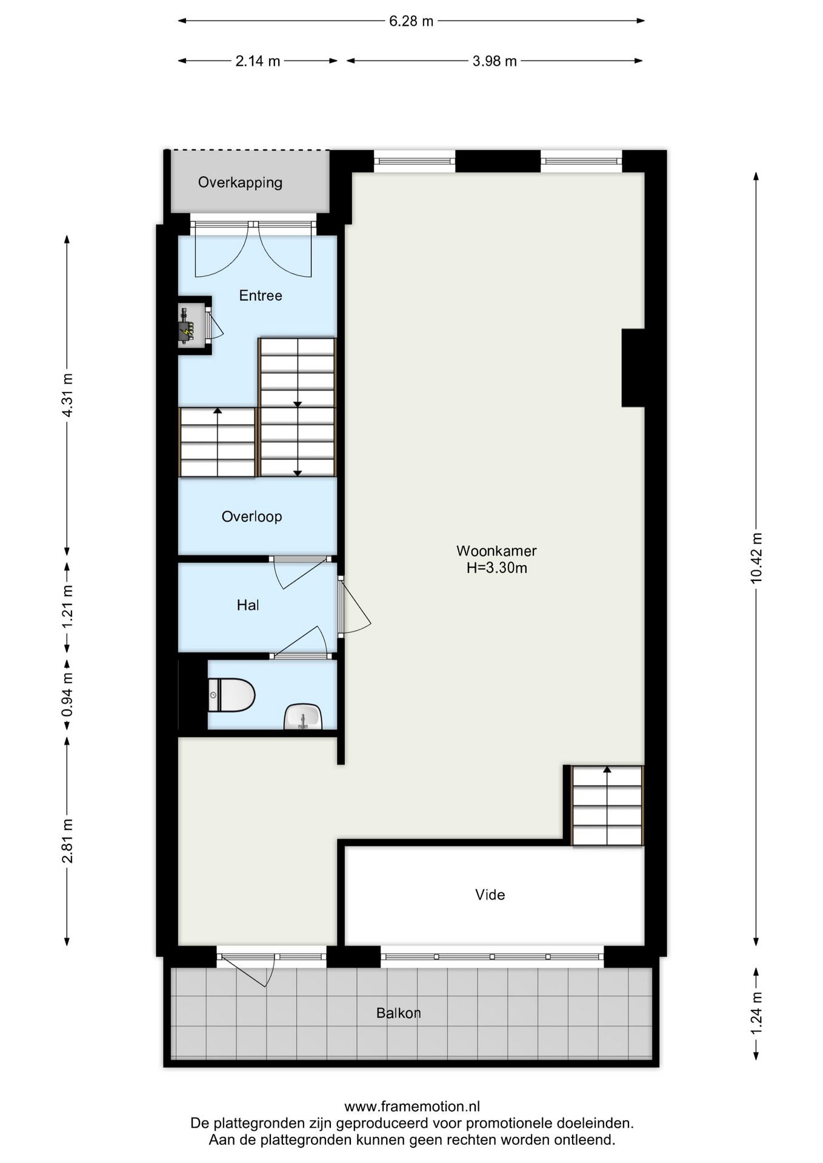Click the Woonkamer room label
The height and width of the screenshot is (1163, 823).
[496, 551]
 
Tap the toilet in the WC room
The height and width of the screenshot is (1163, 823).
[231, 695]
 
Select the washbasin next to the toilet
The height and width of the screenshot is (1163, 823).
[303, 717]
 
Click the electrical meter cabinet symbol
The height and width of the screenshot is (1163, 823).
[187, 325]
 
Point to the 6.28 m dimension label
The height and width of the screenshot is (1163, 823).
[411, 21]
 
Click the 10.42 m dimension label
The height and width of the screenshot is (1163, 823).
[756, 558]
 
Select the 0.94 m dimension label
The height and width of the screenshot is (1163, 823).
[67, 694]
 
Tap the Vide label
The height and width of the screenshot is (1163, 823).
[490, 894]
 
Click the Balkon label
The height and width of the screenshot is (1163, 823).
[398, 1012]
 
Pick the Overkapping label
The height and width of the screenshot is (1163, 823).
[240, 182]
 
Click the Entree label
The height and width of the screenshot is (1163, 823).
[261, 295]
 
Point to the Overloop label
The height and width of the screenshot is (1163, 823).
[252, 516]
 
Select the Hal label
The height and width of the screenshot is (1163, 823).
[248, 605]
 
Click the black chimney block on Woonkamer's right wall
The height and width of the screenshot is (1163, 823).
[633, 368]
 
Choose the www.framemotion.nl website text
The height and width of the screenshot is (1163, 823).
[412, 1107]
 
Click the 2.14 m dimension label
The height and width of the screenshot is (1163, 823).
[258, 61]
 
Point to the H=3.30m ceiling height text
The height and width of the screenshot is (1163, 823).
[496, 568]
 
